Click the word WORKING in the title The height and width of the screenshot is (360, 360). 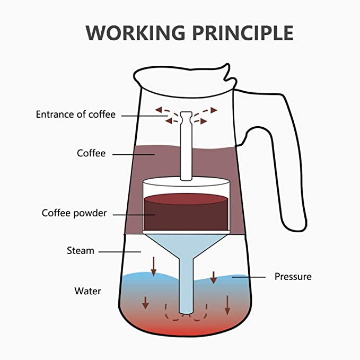click(134, 33)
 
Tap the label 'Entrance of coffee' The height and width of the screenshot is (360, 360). click(75, 114)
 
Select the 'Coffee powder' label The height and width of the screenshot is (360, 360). click(74, 213)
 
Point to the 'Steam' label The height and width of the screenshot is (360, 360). click(81, 250)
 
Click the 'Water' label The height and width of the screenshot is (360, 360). click(87, 291)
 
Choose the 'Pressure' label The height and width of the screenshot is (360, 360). click(293, 276)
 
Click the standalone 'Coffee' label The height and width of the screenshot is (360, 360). click(91, 153)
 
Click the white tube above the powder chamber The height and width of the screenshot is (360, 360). click(185, 148)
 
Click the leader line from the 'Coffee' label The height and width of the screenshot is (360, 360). click(133, 154)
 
